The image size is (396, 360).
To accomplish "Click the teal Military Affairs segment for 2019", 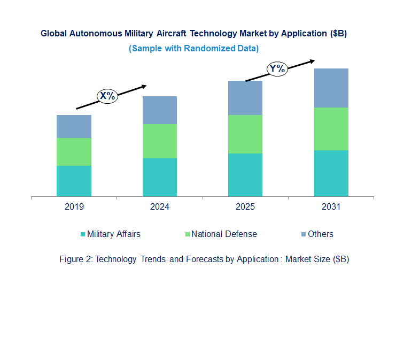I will (74, 181).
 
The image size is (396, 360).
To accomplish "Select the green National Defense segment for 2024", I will (159, 141).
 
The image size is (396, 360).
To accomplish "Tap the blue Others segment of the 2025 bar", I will (245, 98).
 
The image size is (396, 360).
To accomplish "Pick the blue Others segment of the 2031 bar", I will (331, 88).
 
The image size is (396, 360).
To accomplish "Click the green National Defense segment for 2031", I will (331, 129).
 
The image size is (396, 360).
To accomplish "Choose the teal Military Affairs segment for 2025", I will (245, 175).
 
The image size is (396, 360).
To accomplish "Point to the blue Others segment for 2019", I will (74, 126).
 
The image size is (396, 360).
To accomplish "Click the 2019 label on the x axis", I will (74, 207).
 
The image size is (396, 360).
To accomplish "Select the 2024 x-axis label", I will (159, 207).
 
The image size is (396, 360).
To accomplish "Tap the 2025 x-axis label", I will (245, 207).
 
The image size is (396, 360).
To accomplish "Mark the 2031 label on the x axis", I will (331, 207).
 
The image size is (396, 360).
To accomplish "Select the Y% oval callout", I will (277, 68).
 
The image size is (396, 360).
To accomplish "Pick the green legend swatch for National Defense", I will (187, 234).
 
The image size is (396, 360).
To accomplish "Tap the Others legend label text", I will (321, 234).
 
